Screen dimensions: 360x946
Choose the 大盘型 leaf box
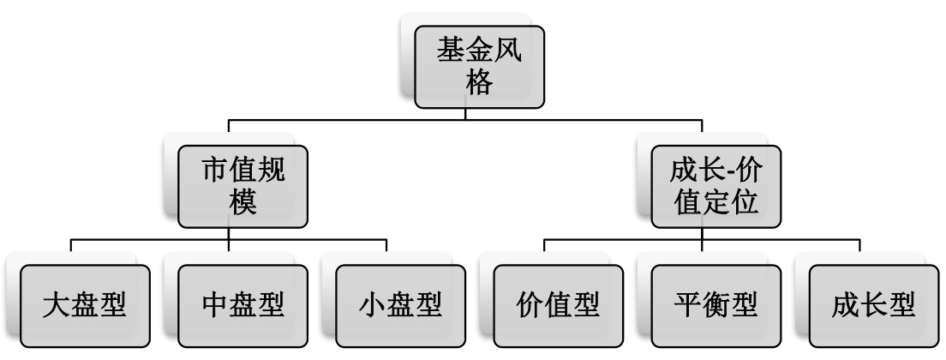click(x=85, y=305)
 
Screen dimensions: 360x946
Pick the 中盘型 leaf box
click(x=242, y=305)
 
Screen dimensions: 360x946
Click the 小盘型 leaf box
click(x=400, y=305)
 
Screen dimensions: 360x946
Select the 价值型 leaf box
click(x=559, y=305)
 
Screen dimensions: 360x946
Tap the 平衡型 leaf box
click(x=716, y=305)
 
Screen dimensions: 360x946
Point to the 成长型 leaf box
click(x=874, y=305)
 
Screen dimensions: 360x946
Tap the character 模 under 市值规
click(x=242, y=207)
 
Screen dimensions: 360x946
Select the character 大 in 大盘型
click(x=57, y=306)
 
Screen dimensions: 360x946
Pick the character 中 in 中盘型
click(x=214, y=306)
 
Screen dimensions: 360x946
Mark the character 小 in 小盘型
click(x=372, y=306)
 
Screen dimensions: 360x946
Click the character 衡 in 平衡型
click(x=716, y=306)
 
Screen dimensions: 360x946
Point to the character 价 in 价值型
click(x=530, y=306)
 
